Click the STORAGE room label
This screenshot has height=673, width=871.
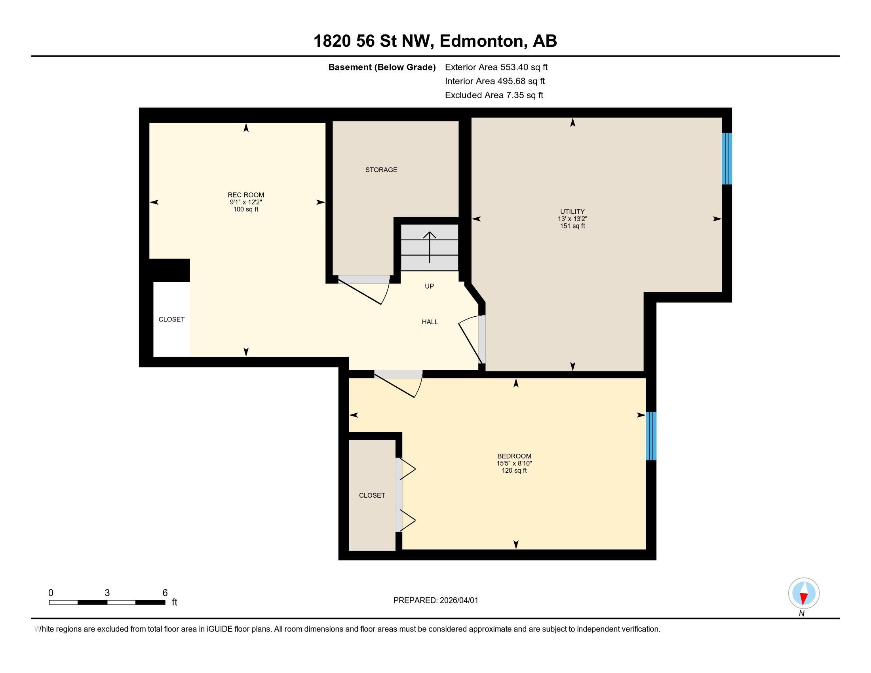pos(381,170)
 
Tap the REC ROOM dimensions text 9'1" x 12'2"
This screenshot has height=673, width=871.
pos(246,202)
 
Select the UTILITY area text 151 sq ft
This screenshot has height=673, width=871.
pos(572,226)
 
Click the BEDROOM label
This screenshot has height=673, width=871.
pos(514,456)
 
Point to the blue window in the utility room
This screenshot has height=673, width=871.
pos(726,159)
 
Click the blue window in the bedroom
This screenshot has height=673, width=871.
pos(651,436)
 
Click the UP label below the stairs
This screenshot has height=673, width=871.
pos(429,286)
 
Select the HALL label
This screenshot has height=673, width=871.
pos(430,322)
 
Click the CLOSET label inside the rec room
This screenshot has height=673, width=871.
pos(171,319)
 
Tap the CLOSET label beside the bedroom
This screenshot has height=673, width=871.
pos(372,495)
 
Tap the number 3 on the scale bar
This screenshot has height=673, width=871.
pos(107,593)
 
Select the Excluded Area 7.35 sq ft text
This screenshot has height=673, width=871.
pos(494,95)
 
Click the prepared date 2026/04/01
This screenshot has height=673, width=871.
pos(458,601)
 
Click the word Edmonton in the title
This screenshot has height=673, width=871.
pos(482,41)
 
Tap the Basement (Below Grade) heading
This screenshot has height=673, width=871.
pos(382,67)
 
